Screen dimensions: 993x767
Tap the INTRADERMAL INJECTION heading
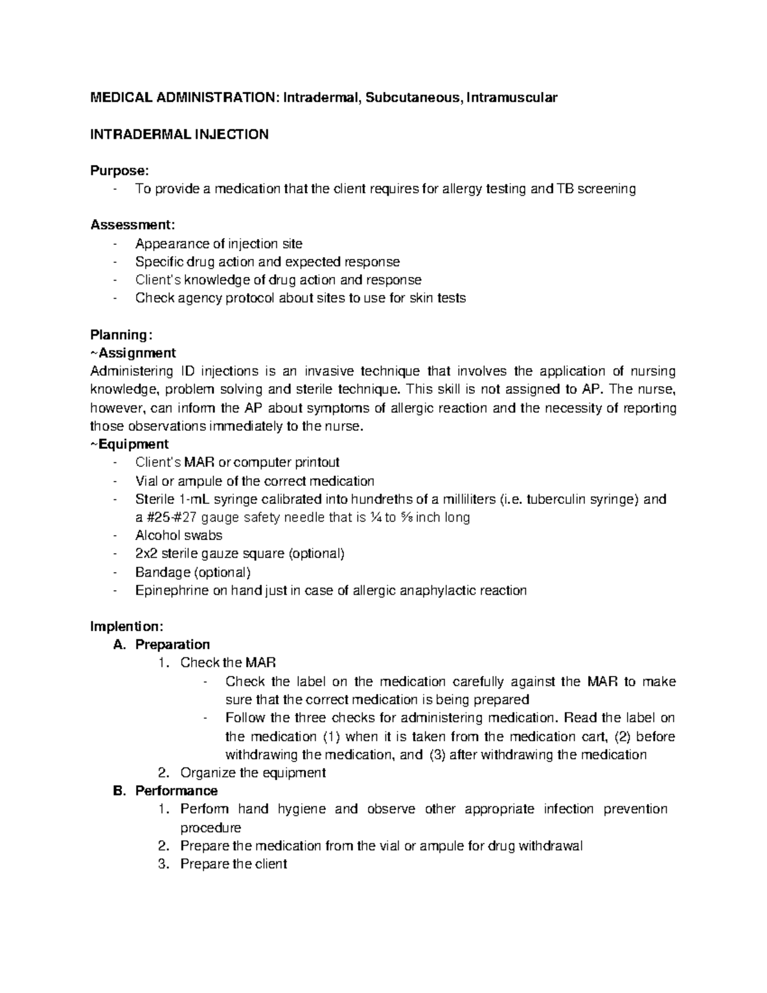(179, 134)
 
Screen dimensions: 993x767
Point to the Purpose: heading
(120, 171)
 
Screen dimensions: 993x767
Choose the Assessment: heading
(132, 225)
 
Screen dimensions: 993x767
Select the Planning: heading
(121, 335)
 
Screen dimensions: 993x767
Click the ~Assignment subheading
(133, 353)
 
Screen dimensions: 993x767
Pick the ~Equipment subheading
(130, 444)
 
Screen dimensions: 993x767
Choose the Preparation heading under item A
(172, 645)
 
